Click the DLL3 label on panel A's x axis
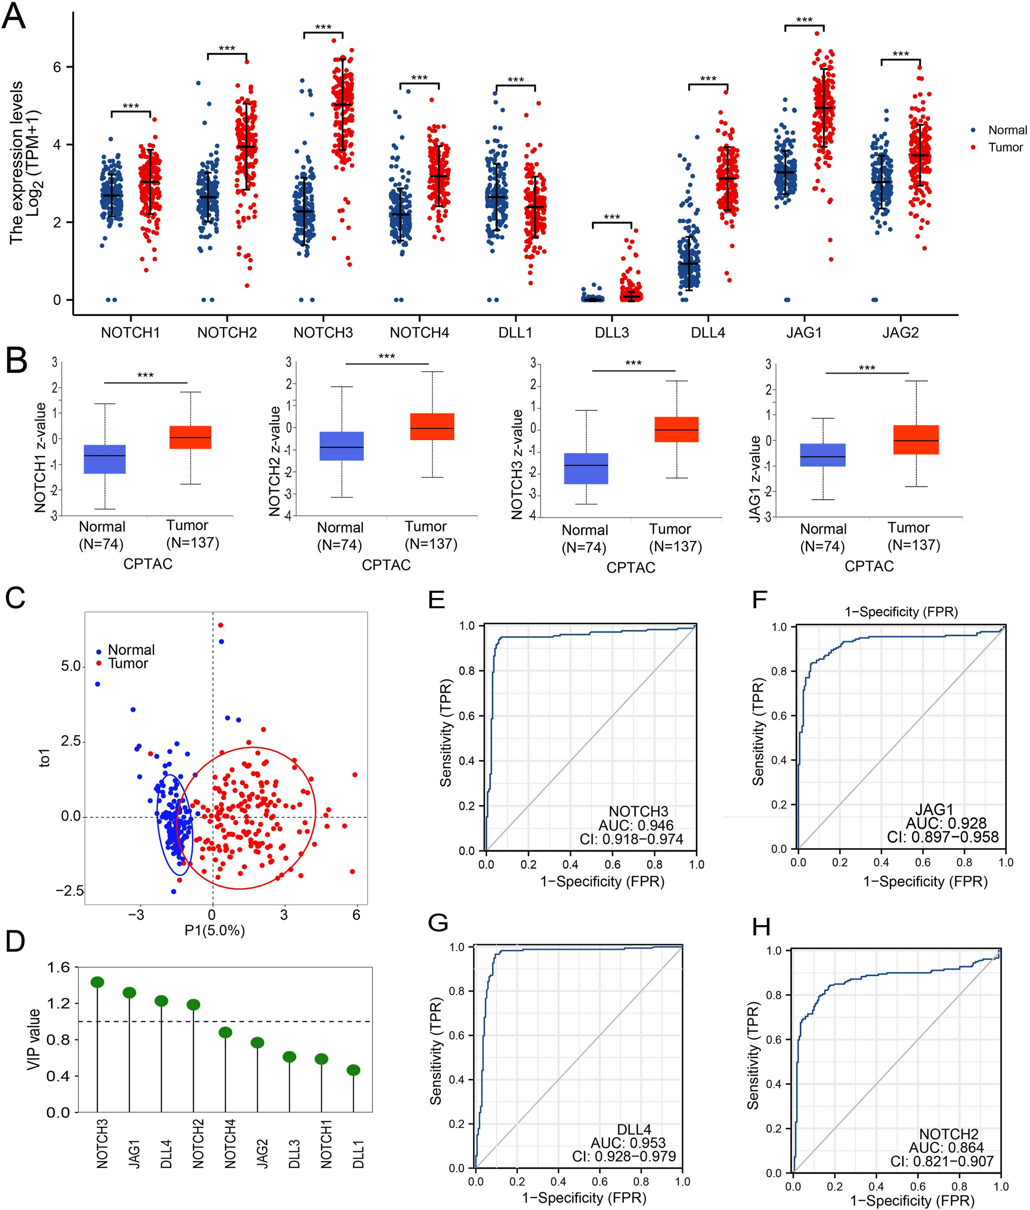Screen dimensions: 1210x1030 coord(612,333)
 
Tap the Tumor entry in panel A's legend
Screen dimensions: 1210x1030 coord(1004,147)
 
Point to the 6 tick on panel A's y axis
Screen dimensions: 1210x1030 coord(57,67)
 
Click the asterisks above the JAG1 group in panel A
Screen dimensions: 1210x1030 coord(804,21)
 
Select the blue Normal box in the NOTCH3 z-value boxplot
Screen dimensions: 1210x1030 coord(586,469)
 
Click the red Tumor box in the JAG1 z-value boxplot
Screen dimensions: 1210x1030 coord(916,440)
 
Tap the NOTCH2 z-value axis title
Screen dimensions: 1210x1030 coord(274,461)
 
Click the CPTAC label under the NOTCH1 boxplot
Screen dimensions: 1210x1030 coord(148,563)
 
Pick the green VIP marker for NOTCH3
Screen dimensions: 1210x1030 coord(97,982)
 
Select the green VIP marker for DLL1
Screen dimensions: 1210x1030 coord(353,1070)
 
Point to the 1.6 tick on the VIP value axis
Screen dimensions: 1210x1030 coord(58,967)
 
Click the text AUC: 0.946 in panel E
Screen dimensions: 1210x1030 coord(636,825)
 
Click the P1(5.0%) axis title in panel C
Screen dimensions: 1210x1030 coord(214,930)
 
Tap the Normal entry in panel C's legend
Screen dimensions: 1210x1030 coord(131,650)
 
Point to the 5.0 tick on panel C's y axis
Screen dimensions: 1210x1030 coord(71,666)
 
